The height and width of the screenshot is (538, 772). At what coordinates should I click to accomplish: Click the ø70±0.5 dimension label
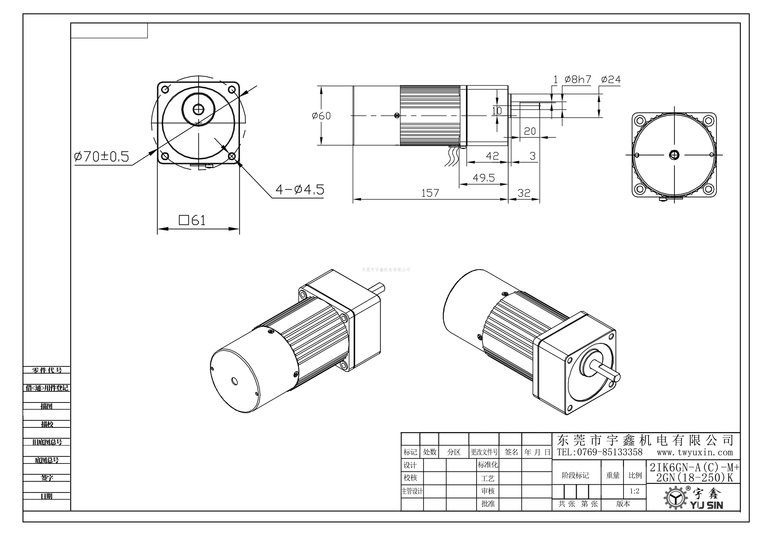pyautogui.click(x=101, y=156)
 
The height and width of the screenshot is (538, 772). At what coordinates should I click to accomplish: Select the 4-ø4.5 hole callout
pyautogui.click(x=299, y=190)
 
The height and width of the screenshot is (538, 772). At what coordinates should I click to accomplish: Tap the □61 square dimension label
pyautogui.click(x=192, y=220)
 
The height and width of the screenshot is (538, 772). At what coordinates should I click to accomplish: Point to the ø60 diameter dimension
pyautogui.click(x=321, y=116)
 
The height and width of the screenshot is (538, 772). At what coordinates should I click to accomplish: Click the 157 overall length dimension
pyautogui.click(x=430, y=193)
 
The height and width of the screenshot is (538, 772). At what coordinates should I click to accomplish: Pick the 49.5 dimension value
pyautogui.click(x=483, y=178)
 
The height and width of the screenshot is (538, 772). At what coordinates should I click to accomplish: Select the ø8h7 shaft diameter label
pyautogui.click(x=578, y=80)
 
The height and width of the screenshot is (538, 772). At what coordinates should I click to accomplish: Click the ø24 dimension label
pyautogui.click(x=611, y=80)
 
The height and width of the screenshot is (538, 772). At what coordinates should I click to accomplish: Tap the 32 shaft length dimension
pyautogui.click(x=524, y=193)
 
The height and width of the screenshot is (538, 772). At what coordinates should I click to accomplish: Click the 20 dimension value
pyautogui.click(x=530, y=131)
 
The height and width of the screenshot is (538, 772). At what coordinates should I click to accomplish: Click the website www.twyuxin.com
pyautogui.click(x=695, y=452)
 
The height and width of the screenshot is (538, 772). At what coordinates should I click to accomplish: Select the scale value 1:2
pyautogui.click(x=634, y=491)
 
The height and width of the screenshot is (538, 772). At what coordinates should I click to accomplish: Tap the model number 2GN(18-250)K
pyautogui.click(x=694, y=478)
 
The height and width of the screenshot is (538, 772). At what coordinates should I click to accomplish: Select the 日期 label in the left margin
pyautogui.click(x=47, y=496)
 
